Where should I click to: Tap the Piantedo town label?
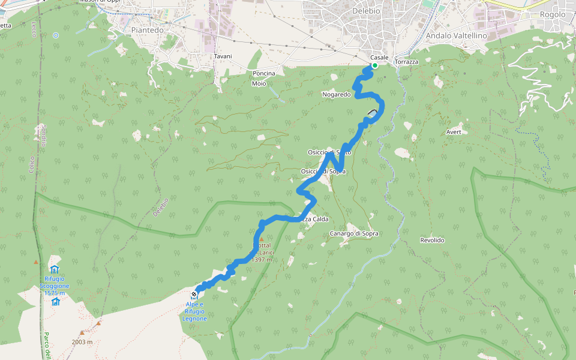(147, 30)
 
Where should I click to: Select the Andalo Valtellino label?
(455, 36)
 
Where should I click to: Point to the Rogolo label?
(553, 14)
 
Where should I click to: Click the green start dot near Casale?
(374, 65)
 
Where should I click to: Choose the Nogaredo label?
(336, 94)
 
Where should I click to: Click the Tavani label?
(223, 56)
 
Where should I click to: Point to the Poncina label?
(264, 74)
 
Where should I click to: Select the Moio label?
(259, 83)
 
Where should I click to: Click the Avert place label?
(454, 132)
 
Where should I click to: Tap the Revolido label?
(432, 240)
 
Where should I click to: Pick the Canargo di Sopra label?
(354, 233)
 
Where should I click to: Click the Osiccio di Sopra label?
(323, 172)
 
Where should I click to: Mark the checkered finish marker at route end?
(194, 294)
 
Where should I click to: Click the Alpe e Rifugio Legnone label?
(194, 311)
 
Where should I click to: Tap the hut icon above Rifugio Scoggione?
(55, 269)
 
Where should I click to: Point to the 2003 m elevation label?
(82, 342)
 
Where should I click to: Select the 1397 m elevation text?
(263, 260)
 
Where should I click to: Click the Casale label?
(379, 57)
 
